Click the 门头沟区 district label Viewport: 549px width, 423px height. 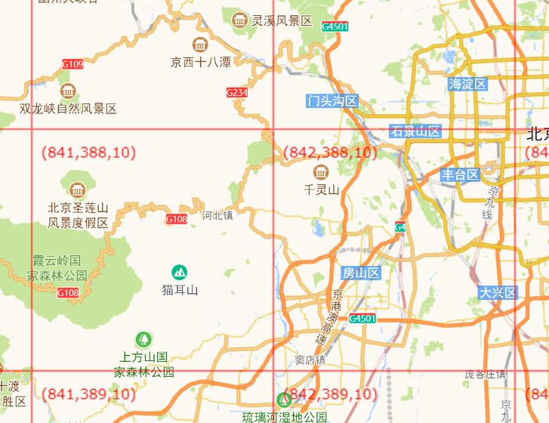point(332,101)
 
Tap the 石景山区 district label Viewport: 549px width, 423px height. point(415,131)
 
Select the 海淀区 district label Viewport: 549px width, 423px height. point(467,84)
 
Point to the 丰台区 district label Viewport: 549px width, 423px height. point(461,175)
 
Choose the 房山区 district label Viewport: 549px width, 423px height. point(360,273)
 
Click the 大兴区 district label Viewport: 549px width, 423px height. point(497,292)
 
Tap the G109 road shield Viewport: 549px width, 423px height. point(72,64)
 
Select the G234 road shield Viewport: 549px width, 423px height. point(237,92)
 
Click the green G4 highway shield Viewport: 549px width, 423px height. point(400,227)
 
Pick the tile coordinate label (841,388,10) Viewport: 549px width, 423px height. point(88,153)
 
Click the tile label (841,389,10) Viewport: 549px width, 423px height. point(88,394)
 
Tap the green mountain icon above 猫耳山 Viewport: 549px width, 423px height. point(179,271)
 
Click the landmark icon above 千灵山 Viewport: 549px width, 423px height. point(320,171)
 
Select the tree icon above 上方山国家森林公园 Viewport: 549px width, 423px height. point(143,338)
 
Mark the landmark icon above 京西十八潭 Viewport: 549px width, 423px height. point(200,45)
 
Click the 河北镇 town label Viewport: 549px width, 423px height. point(217,215)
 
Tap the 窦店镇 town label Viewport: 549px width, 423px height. point(310,360)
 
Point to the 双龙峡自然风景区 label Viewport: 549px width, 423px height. point(69,109)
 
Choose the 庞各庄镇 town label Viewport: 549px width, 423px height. point(485,374)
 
